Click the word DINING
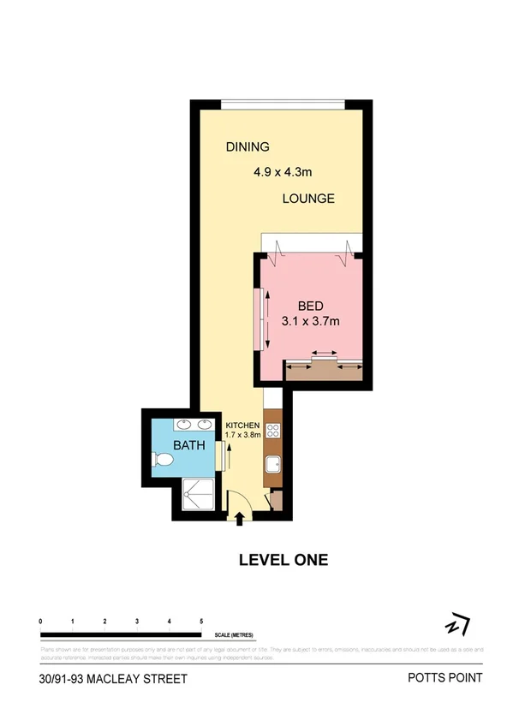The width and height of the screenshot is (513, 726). (x=248, y=146)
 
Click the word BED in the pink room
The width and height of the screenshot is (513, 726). (x=312, y=306)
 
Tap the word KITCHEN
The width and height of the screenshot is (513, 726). (x=242, y=425)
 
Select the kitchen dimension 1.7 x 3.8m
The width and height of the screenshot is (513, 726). (x=242, y=435)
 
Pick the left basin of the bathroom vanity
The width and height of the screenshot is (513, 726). (x=182, y=425)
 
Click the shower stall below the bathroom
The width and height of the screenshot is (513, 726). (x=200, y=494)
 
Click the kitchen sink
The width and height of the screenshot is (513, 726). (x=273, y=465)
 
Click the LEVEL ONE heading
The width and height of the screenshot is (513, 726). (x=283, y=560)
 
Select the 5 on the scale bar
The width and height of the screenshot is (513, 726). (x=201, y=620)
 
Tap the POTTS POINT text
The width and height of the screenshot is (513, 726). (x=444, y=678)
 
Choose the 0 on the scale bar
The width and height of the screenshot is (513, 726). (x=41, y=620)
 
